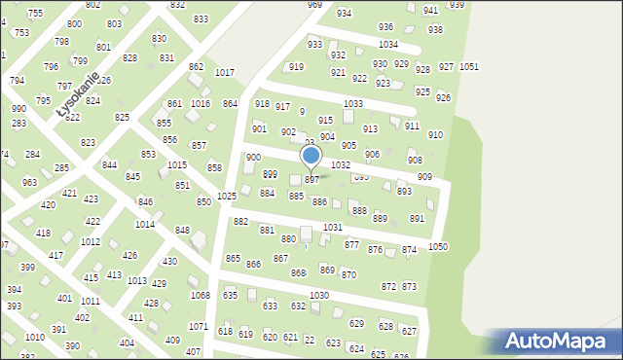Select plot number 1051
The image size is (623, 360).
468,66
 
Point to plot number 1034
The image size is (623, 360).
388,45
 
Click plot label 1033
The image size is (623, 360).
353,103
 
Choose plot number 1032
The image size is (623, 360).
341,165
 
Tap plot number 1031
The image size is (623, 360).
333,227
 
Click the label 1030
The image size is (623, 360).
319,295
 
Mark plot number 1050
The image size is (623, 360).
438,247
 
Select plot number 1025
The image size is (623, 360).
227,196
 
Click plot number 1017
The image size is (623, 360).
225,73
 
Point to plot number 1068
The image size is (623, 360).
200,295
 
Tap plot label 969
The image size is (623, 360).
314,5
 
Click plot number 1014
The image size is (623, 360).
144,224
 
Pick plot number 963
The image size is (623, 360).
30,182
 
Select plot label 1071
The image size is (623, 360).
198,326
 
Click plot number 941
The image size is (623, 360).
430,11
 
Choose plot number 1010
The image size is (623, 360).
34,337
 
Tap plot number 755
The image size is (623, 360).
35,13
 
